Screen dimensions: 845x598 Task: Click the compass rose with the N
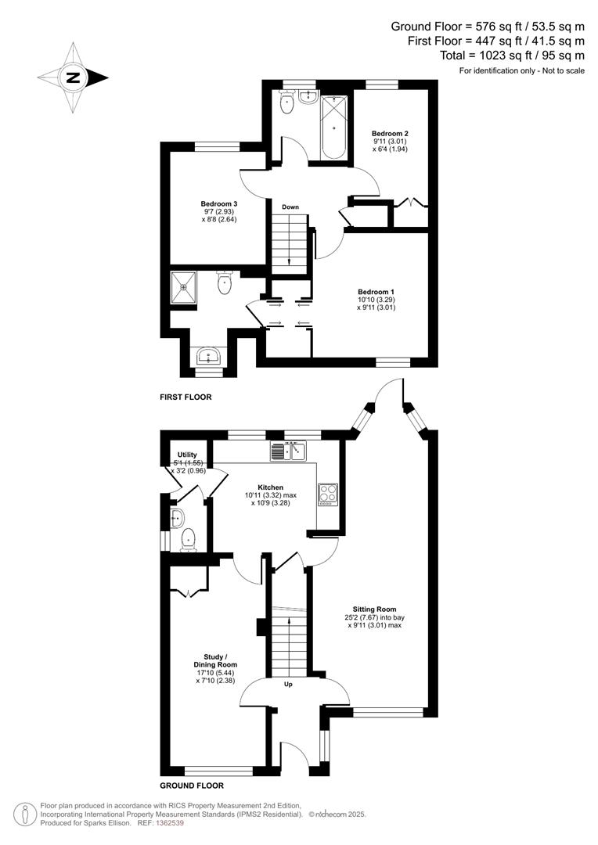coord(73,77)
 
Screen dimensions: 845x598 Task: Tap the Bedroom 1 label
coord(376,300)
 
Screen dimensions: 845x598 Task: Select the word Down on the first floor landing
coord(290,207)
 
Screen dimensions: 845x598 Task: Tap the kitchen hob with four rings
coord(326,495)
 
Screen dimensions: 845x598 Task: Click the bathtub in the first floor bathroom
coord(333,126)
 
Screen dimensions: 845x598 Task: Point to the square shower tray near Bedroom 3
coord(185,287)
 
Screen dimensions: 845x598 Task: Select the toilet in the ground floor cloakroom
coord(188,539)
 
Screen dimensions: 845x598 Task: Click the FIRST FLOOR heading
coord(186,397)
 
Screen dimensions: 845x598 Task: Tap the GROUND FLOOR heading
coord(192,786)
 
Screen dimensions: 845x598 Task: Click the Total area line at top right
coord(512,55)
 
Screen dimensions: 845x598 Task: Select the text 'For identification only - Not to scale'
coord(521,71)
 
